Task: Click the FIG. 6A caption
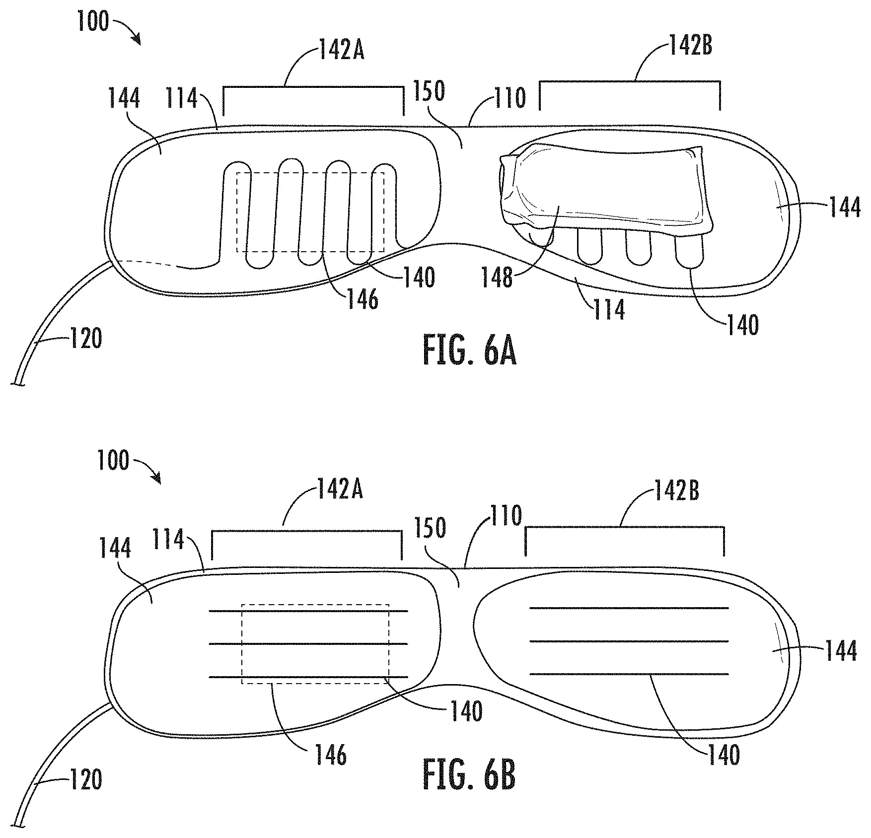(469, 351)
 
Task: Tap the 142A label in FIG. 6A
(342, 51)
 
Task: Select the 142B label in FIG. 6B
(677, 490)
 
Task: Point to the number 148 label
(497, 278)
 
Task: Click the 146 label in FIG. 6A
(363, 300)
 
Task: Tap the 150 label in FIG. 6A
(430, 91)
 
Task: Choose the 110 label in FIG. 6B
(506, 516)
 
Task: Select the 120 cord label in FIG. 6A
(86, 339)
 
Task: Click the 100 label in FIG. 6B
(113, 460)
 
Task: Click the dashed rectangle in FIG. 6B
(315, 605)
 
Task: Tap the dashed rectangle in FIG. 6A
(310, 173)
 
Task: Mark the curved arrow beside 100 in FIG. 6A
(129, 30)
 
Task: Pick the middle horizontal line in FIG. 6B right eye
(629, 641)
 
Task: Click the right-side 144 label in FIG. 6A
(845, 207)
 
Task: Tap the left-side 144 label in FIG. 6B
(115, 548)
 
